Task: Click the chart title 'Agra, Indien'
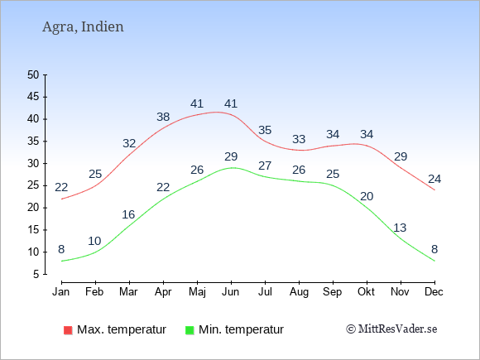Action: (x=83, y=27)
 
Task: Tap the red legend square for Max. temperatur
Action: (x=68, y=330)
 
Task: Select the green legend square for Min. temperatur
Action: (x=190, y=330)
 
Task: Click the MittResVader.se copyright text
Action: (x=391, y=329)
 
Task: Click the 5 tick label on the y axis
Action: (x=36, y=274)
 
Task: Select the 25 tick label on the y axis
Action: (x=33, y=185)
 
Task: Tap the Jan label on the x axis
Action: (x=61, y=292)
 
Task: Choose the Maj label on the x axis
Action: (x=197, y=292)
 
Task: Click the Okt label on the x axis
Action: (x=366, y=292)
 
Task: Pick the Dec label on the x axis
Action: (x=434, y=292)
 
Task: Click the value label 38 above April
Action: (x=163, y=117)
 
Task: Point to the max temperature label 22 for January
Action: (x=61, y=187)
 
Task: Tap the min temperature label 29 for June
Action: (x=231, y=156)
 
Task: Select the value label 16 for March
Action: (x=128, y=214)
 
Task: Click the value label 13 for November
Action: (x=400, y=228)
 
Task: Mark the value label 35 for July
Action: (x=265, y=131)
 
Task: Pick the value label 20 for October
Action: (x=367, y=196)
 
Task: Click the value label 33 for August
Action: (x=299, y=139)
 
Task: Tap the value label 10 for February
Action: (x=94, y=241)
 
